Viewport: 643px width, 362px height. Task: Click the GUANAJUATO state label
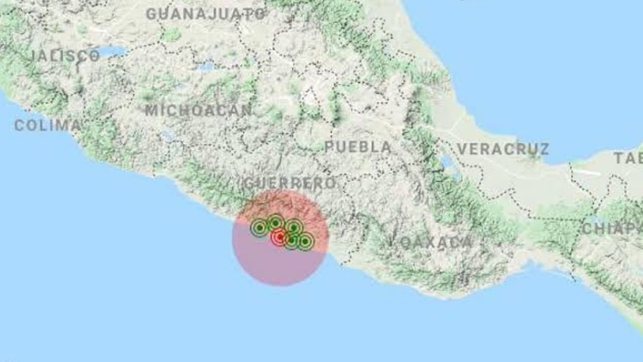206,14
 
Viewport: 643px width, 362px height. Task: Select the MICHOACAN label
198,110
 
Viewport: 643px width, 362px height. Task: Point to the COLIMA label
47,125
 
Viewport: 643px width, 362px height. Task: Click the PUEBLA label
358,147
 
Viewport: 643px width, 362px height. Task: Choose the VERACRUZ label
503,149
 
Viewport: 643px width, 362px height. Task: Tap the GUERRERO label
289,183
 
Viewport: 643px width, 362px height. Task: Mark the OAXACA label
436,243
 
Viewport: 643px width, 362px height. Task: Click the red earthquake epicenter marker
280,237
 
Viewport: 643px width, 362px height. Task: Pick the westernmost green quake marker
259,228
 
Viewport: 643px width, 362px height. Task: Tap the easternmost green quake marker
305,241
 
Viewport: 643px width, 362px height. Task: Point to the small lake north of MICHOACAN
206,66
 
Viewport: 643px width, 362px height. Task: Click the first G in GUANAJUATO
151,14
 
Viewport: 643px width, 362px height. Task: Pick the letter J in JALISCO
35,55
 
